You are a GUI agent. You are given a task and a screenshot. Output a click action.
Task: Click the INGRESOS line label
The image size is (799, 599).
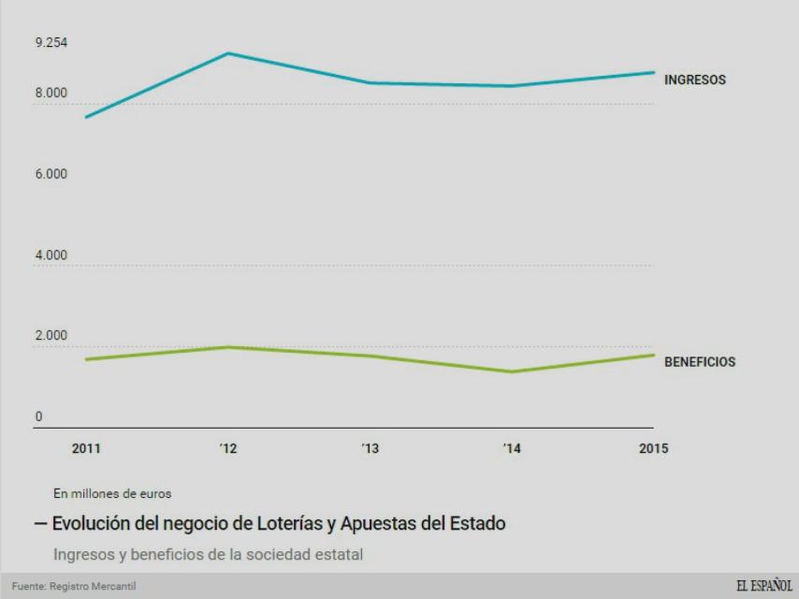click(x=694, y=80)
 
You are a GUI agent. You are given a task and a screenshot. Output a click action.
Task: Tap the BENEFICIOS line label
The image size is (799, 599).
click(x=699, y=362)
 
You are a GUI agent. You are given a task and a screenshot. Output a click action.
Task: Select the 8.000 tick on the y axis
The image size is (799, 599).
click(x=51, y=93)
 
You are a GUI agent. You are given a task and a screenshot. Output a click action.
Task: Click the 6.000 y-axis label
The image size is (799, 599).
click(x=51, y=174)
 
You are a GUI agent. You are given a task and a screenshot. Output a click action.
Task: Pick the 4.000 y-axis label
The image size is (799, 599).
click(x=51, y=256)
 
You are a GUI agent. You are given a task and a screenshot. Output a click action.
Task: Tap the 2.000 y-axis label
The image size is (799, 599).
click(x=51, y=336)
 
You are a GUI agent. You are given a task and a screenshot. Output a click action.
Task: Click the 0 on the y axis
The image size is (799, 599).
click(x=38, y=417)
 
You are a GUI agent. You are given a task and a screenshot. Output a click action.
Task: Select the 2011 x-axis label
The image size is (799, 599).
click(x=87, y=448)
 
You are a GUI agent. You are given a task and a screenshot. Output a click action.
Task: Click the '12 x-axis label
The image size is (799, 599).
click(x=228, y=448)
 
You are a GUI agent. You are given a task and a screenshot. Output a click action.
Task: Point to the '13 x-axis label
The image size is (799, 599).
click(x=370, y=448)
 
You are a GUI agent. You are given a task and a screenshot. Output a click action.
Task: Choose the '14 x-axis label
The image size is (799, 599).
click(x=511, y=448)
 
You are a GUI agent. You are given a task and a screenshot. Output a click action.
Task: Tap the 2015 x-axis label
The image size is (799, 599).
click(x=653, y=448)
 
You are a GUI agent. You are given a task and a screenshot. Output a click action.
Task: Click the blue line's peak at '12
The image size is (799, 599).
click(x=228, y=53)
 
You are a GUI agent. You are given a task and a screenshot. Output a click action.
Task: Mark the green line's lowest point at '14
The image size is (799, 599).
click(x=512, y=372)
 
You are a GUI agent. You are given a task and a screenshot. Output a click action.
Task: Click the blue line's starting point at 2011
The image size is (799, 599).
click(x=87, y=117)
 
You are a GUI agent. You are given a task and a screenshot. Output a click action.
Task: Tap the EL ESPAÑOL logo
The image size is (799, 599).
click(x=764, y=586)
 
